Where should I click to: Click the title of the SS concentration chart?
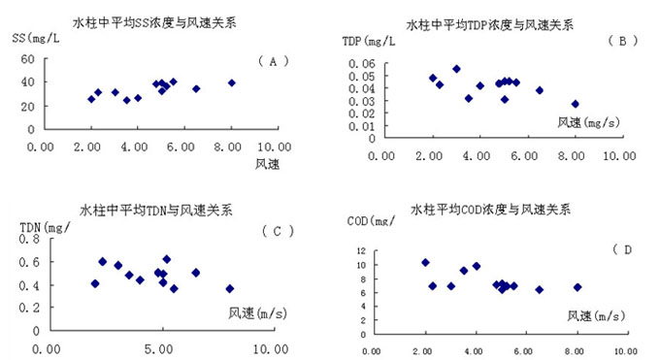click(154, 22)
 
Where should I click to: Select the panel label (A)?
click(274, 61)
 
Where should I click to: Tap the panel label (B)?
click(623, 41)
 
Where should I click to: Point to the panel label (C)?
click(278, 231)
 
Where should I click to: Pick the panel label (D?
click(623, 249)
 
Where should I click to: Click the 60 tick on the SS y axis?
click(28, 59)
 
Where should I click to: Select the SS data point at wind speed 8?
click(232, 82)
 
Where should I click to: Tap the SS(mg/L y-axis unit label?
click(36, 38)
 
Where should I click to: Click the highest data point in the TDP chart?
click(456, 69)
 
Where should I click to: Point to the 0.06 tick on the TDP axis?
click(362, 64)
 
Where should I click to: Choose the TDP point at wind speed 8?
click(576, 104)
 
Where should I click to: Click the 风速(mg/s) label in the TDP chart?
click(589, 122)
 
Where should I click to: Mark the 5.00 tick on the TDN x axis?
click(158, 349)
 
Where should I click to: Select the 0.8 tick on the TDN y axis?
click(29, 239)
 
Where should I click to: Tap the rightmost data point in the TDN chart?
click(229, 289)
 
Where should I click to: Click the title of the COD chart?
click(491, 210)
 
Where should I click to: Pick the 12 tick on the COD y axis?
click(361, 251)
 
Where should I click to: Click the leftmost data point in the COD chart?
click(425, 263)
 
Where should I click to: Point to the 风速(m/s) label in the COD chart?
click(596, 315)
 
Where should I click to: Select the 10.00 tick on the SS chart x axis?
click(275, 147)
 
